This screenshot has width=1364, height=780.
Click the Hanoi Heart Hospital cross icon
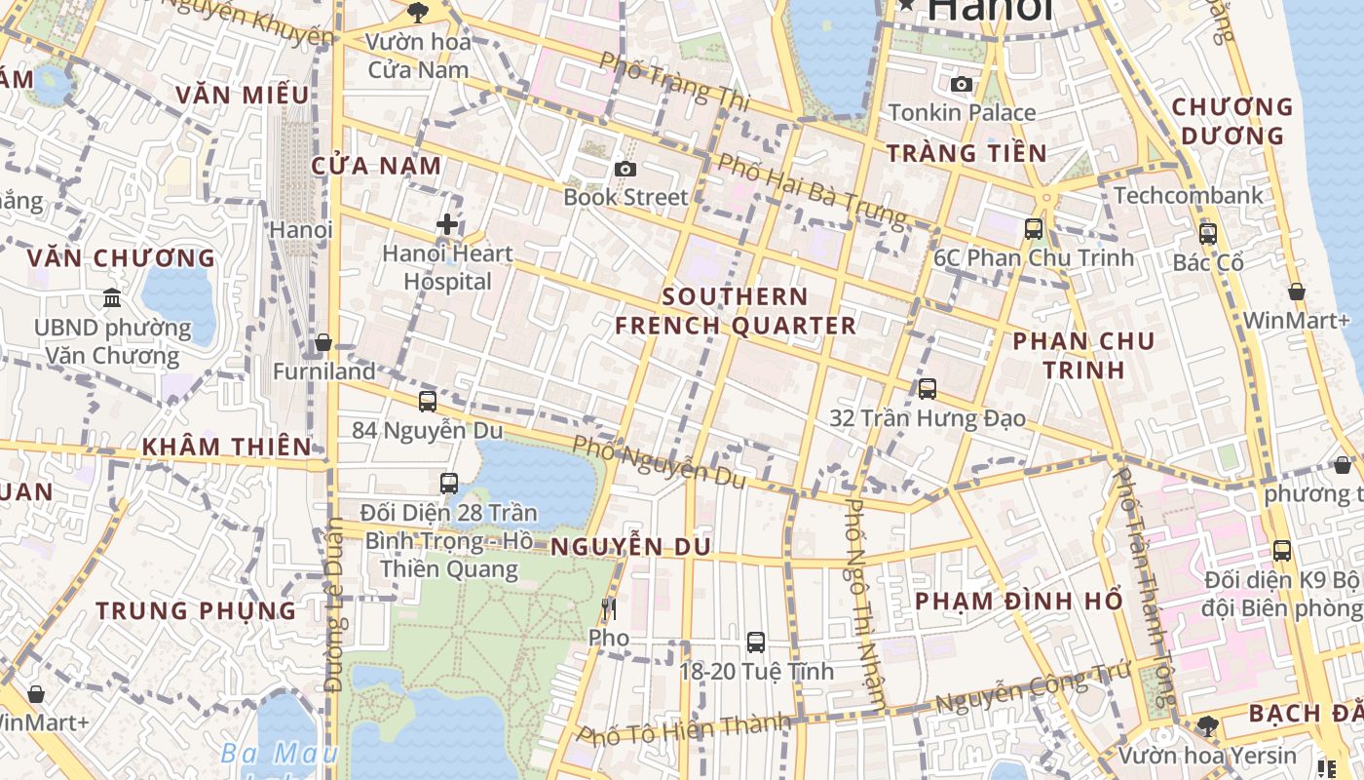click(447, 225)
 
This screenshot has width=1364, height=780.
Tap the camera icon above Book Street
click(625, 170)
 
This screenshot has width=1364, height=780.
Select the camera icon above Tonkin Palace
click(962, 85)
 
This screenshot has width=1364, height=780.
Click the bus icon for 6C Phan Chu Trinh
click(1033, 230)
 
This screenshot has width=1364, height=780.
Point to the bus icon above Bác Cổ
click(1208, 234)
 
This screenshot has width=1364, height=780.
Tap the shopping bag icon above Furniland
click(323, 343)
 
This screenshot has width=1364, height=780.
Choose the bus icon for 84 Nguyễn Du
click(427, 402)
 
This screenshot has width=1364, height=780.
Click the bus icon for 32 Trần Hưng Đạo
click(928, 389)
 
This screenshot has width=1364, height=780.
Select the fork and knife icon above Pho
click(609, 610)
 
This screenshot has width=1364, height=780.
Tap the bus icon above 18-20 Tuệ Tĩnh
click(756, 643)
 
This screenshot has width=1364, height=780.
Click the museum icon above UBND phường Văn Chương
click(112, 298)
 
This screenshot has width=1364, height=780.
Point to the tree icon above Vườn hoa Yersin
click(1208, 726)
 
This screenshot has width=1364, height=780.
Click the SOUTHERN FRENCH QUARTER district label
click(736, 311)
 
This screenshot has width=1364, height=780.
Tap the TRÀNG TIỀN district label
click(966, 153)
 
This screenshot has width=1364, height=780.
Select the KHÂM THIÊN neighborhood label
click(226, 448)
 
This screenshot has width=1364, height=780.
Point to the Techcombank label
click(1188, 195)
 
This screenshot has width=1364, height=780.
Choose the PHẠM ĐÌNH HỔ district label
click(1018, 601)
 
